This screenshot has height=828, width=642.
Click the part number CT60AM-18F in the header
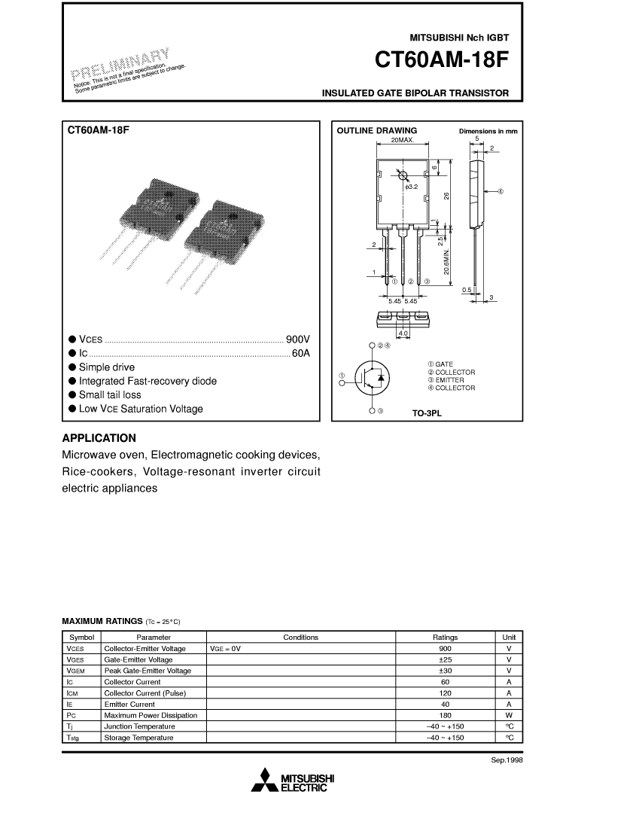point(441,59)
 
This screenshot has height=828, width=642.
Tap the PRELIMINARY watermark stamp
point(120,63)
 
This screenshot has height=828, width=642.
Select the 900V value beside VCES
point(298,339)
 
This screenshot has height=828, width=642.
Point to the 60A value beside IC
point(301,353)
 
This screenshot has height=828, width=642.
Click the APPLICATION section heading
point(99,438)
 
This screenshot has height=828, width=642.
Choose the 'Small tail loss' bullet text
point(110,395)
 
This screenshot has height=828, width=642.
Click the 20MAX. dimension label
point(403,141)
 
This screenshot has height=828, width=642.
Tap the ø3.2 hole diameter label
point(411,187)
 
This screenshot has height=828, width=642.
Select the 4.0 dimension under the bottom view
point(403,333)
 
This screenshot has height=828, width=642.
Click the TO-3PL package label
point(427,413)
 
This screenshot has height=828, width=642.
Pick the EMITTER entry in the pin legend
point(446,380)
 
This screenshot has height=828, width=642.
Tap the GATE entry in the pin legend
point(440,364)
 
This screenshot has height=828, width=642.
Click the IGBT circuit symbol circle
point(373,378)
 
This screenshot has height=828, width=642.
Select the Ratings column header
point(445,638)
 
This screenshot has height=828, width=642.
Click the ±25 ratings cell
point(445,659)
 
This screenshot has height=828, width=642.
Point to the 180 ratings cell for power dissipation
point(445,716)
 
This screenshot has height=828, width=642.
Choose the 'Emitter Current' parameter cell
point(129,705)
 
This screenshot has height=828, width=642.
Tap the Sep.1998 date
point(507,760)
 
